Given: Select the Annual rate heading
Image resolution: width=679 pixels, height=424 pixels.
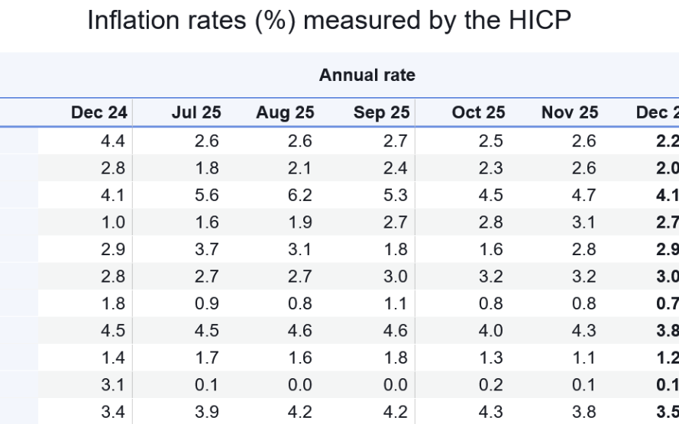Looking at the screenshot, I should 367,75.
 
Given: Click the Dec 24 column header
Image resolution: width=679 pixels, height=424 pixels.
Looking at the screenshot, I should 99,113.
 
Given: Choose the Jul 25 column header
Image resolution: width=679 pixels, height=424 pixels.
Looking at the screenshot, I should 196,113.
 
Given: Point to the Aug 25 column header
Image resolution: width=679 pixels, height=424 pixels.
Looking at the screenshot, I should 285,113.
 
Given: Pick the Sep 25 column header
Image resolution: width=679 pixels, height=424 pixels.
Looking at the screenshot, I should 381,113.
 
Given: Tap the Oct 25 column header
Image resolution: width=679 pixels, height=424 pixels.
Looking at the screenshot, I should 478,113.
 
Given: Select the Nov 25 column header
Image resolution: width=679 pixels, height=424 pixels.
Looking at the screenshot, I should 570,113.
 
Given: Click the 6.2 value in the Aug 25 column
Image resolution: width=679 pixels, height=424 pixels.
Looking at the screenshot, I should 300,196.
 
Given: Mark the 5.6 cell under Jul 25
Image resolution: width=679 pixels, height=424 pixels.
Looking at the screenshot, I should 207,196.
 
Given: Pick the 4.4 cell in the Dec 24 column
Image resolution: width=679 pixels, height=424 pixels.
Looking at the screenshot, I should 113,141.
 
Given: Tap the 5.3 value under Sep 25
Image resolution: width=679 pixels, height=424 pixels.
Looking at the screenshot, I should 396,196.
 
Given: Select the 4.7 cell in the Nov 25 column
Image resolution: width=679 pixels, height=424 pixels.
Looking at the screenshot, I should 584,196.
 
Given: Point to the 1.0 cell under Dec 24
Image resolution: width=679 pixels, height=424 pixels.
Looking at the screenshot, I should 113,223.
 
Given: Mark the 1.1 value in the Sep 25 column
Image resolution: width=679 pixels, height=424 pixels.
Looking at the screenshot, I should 396,304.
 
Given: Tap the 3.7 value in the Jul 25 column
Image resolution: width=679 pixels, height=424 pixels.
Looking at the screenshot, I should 207,250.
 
